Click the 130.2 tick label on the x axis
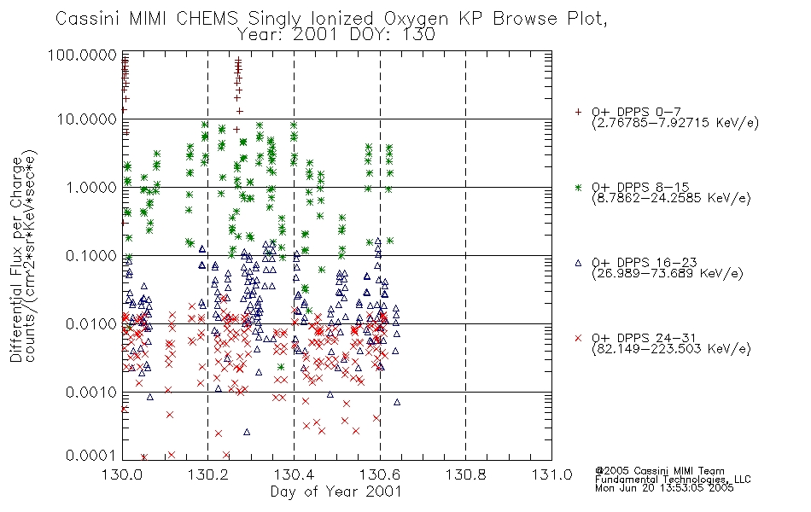[x=208, y=474]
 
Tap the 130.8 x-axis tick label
[x=465, y=474]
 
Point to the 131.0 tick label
[x=551, y=474]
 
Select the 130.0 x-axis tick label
[x=123, y=474]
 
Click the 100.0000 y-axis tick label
[x=82, y=55]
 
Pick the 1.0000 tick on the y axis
[x=91, y=187]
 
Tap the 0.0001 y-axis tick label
[x=91, y=456]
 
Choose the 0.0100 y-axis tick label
[x=91, y=323]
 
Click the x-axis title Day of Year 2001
[x=336, y=492]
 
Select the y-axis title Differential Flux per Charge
[x=16, y=259]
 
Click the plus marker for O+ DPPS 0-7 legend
[x=578, y=112]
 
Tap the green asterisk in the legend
[x=578, y=187]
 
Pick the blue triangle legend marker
[x=578, y=263]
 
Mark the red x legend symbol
[x=578, y=338]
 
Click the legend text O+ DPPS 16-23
[x=645, y=263]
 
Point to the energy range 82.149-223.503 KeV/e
[x=671, y=349]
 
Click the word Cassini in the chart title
[x=88, y=19]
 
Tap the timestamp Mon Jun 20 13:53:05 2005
[x=664, y=488]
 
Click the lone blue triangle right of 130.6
[x=397, y=402]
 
